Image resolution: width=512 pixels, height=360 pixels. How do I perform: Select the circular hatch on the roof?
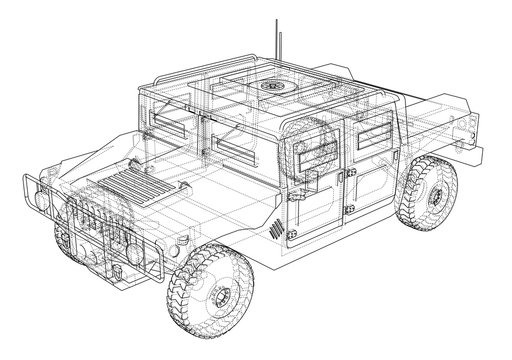(x=272, y=86)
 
